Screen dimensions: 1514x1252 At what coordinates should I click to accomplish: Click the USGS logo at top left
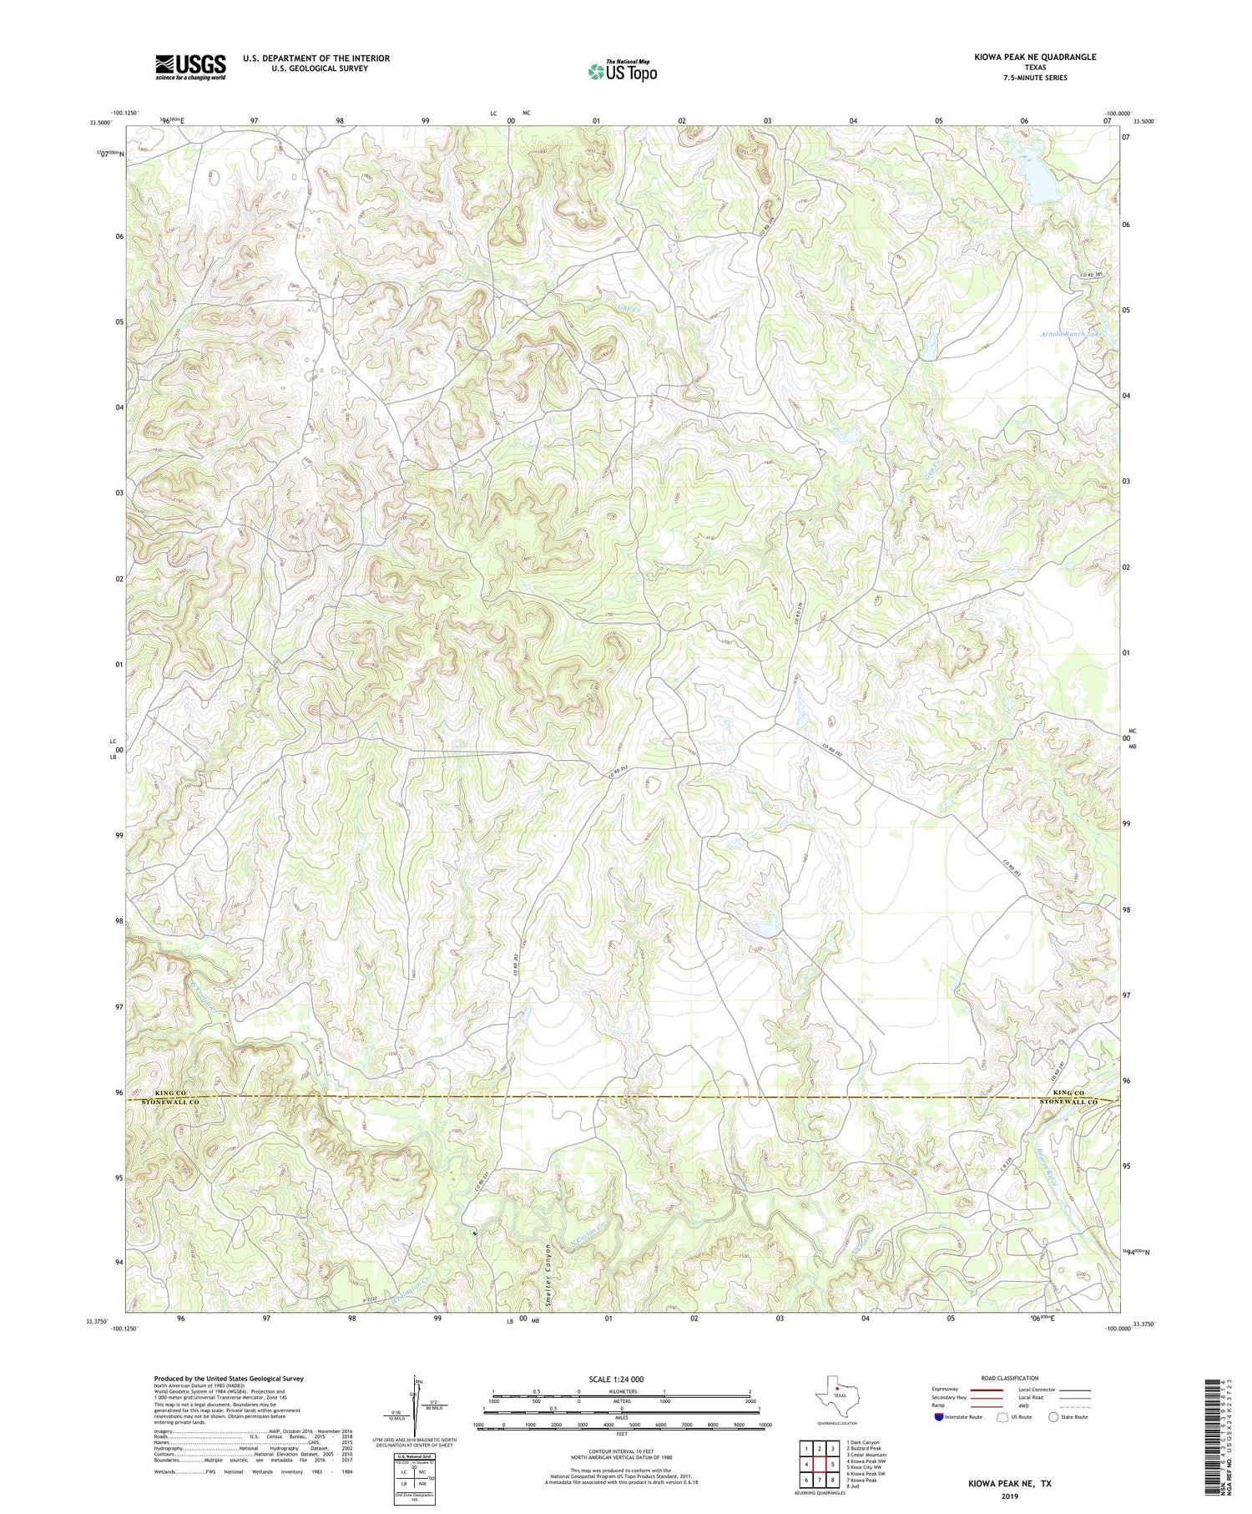(190, 67)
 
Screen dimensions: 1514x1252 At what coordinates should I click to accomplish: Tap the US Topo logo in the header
(622, 72)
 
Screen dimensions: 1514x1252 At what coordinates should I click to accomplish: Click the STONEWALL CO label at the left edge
(174, 1102)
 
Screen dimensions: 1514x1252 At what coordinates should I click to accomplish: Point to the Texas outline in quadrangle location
(836, 1395)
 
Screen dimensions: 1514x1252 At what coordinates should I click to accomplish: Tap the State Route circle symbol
(1053, 1417)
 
